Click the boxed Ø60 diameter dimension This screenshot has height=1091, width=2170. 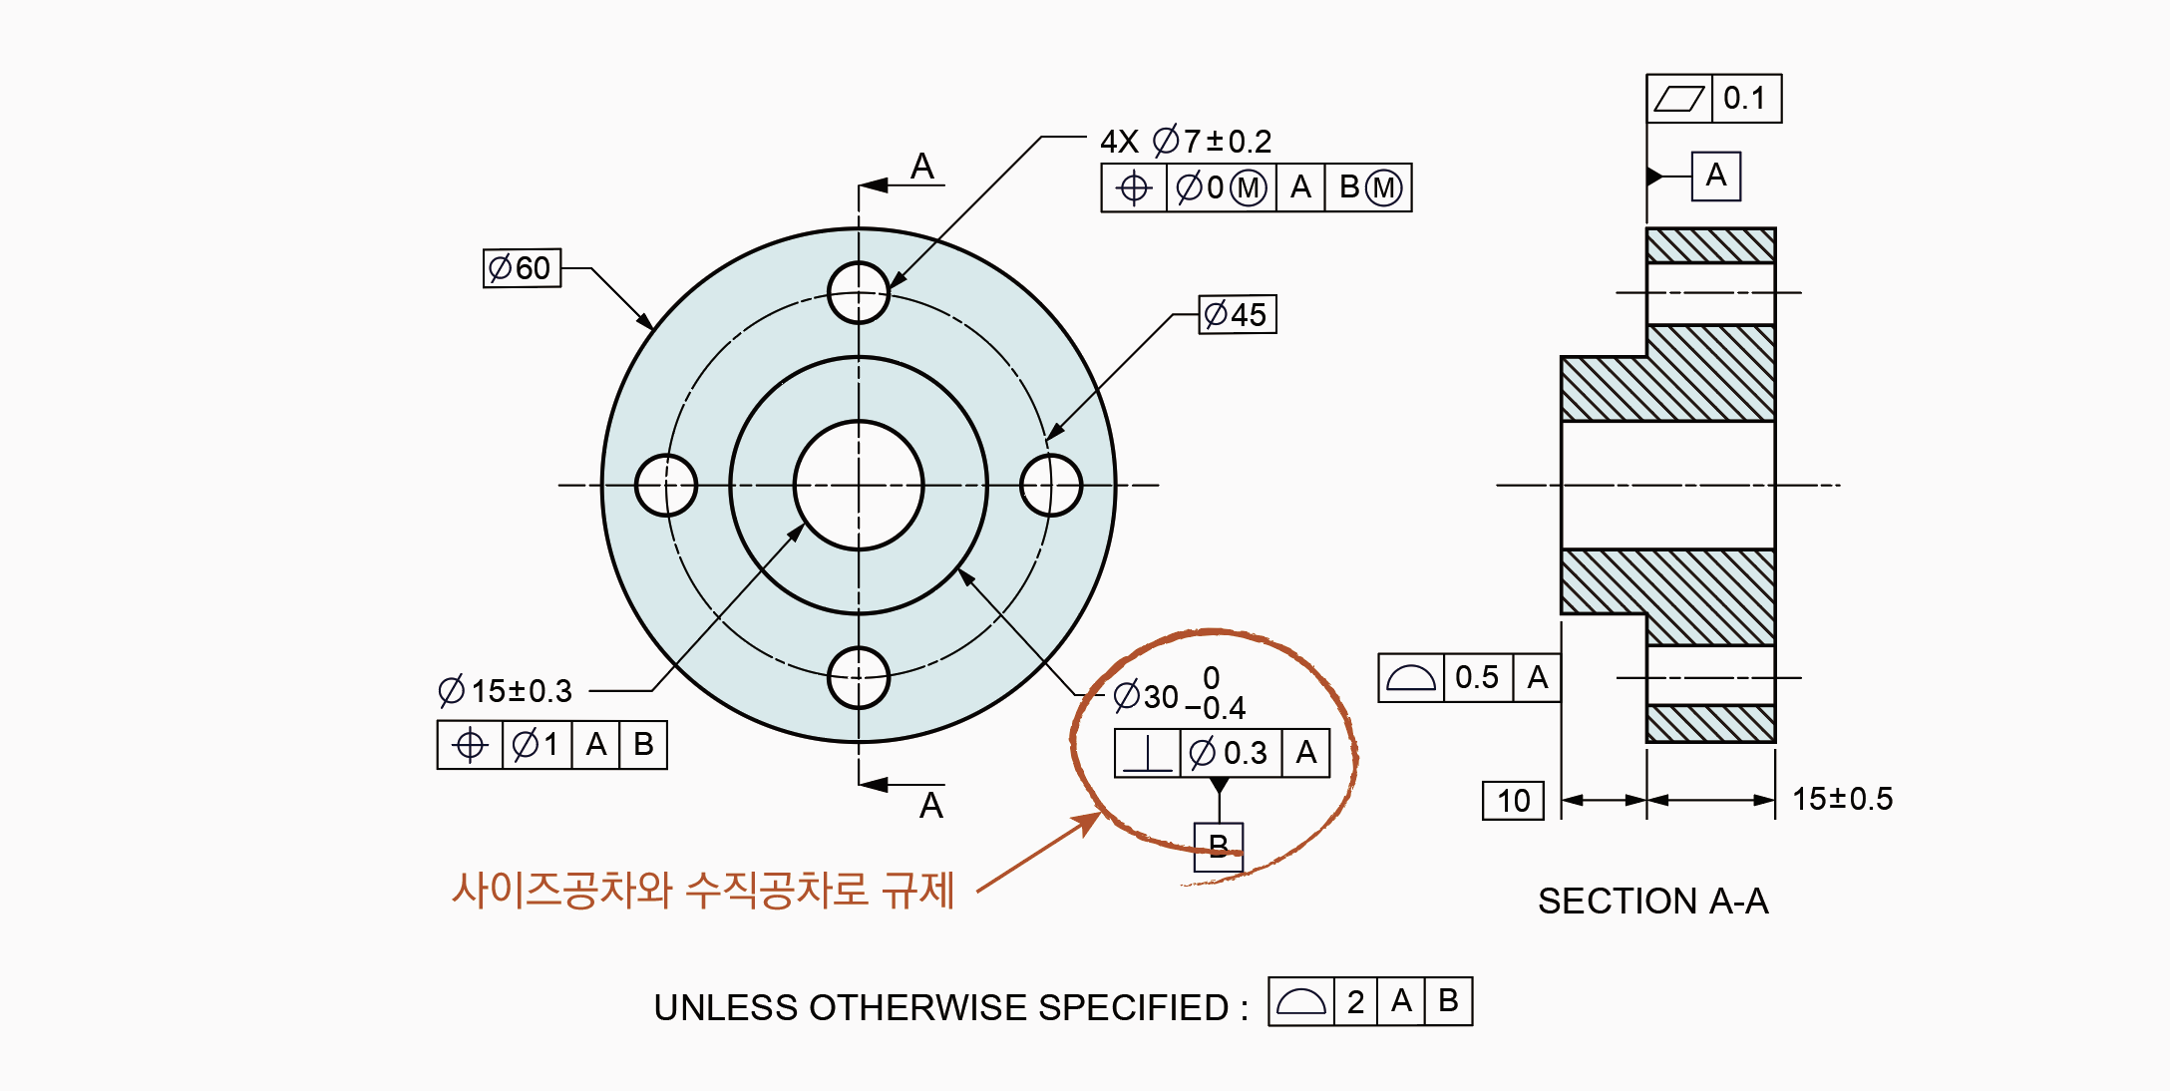[522, 268]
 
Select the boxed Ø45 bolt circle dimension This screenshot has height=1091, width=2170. [1237, 314]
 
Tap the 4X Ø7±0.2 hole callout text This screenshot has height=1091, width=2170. [1186, 142]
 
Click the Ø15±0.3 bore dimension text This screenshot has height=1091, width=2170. [506, 690]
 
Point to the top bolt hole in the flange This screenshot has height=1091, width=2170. [859, 292]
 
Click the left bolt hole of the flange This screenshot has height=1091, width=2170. [665, 485]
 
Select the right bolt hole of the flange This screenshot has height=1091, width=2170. [1051, 485]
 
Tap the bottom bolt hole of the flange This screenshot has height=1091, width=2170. [859, 678]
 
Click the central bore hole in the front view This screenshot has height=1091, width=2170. [859, 485]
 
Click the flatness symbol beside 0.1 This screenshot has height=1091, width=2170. [1679, 99]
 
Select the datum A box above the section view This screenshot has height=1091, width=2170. [1715, 176]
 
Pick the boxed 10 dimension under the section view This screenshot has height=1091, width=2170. [1513, 801]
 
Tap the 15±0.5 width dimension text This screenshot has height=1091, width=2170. [1842, 799]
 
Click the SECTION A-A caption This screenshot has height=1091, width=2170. [1652, 902]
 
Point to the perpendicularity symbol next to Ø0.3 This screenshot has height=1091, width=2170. [1148, 753]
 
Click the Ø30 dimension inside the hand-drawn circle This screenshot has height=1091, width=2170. [1147, 695]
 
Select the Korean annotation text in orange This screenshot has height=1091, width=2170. [703, 890]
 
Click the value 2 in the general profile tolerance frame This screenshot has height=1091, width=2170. [1355, 1001]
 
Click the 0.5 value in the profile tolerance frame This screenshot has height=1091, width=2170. [1477, 678]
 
